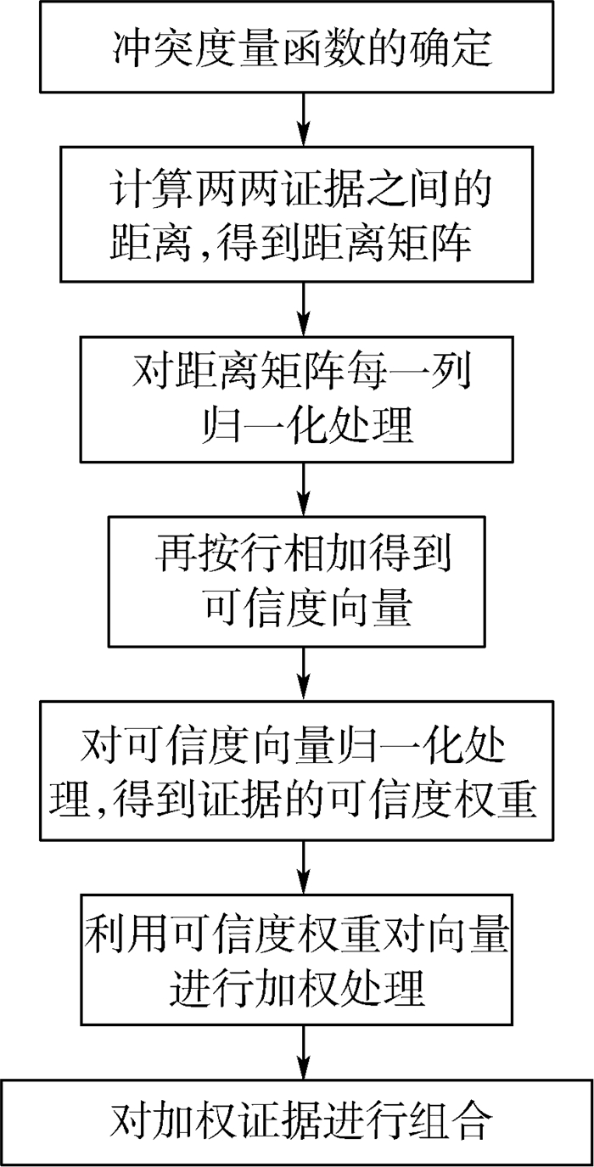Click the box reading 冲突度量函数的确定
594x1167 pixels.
coord(302,48)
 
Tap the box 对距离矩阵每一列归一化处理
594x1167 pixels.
coord(302,398)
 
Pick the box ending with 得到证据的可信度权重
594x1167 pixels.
coord(302,773)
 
